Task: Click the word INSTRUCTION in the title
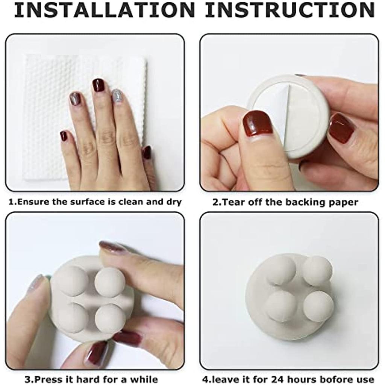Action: click(x=290, y=10)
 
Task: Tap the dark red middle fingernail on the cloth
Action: click(x=99, y=85)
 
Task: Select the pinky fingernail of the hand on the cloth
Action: click(x=64, y=136)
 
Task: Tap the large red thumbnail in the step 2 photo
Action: click(x=258, y=123)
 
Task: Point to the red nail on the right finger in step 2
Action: click(x=341, y=128)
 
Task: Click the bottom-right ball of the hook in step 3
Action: click(x=109, y=318)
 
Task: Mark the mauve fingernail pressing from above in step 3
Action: click(x=112, y=247)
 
